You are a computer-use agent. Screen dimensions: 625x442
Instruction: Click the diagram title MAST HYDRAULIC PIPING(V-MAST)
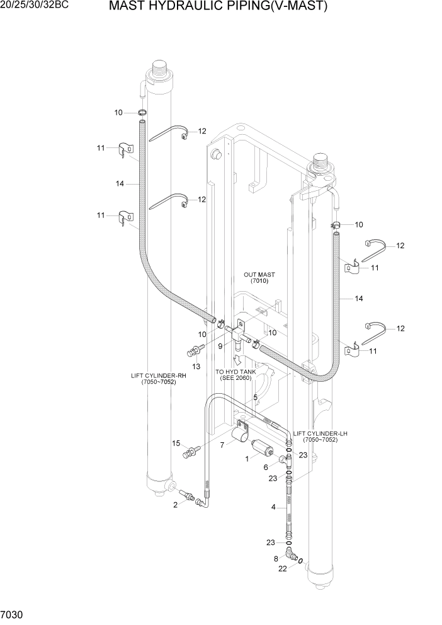218,7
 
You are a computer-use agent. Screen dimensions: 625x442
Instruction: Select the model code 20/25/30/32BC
35,6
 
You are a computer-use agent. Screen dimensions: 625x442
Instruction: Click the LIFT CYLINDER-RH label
159,376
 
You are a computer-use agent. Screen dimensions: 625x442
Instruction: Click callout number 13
196,367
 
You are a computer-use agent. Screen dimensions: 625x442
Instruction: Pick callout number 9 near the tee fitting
221,346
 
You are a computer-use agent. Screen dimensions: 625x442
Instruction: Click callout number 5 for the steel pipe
255,398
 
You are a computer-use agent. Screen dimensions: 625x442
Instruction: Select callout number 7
222,445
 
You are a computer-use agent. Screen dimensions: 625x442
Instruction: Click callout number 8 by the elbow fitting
276,558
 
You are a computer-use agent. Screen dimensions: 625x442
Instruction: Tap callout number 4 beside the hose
273,507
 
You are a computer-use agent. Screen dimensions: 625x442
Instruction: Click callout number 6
266,467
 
